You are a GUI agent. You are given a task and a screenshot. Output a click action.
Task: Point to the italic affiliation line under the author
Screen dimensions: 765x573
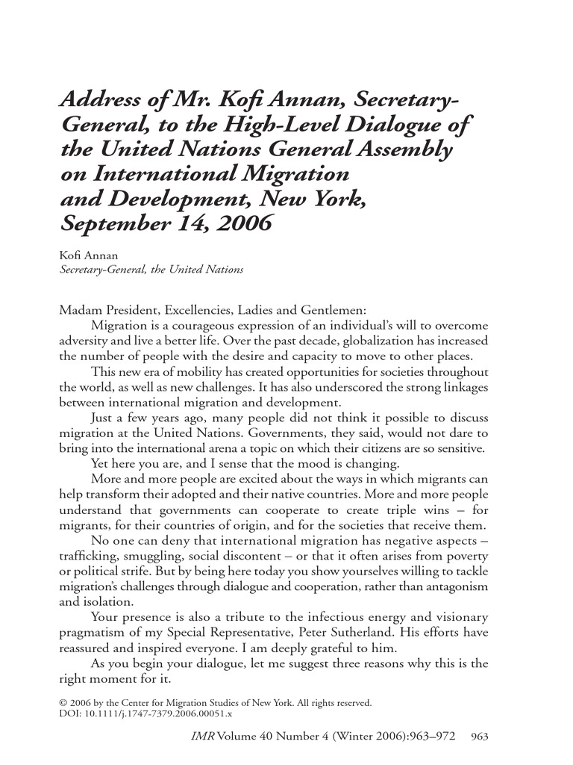[151, 270]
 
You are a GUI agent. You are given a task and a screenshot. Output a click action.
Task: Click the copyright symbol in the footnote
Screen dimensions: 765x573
[63, 703]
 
